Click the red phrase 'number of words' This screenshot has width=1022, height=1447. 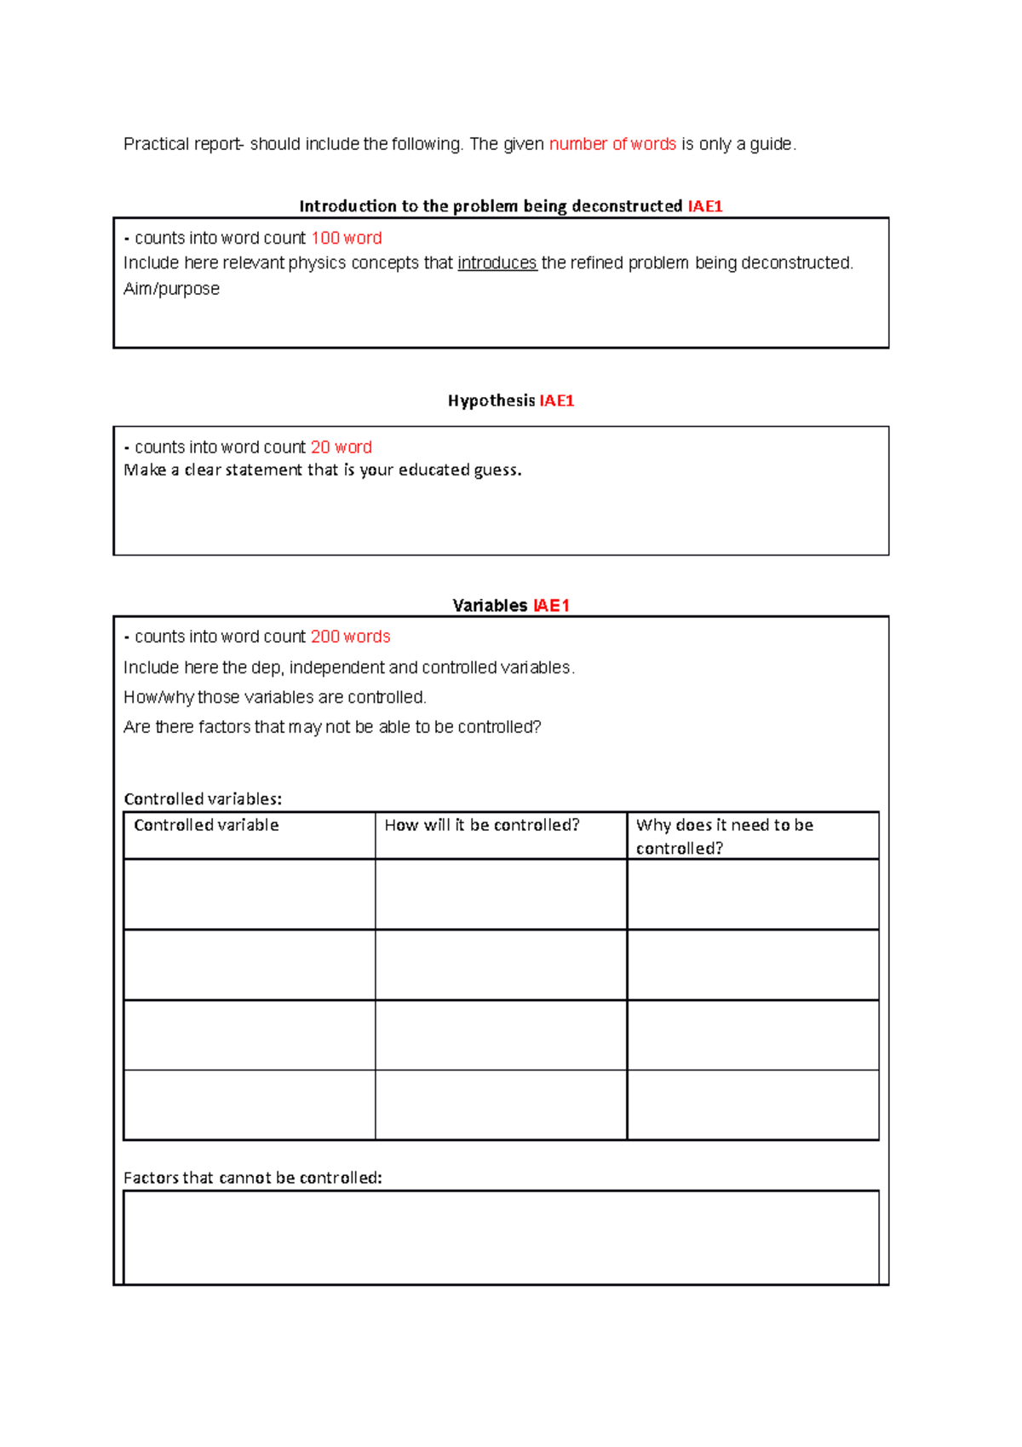[x=612, y=144]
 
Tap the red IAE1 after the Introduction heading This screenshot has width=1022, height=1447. [x=704, y=206]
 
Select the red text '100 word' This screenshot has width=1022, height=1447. [x=346, y=239]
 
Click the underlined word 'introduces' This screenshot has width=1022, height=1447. [x=497, y=263]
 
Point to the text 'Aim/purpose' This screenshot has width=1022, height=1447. [x=171, y=289]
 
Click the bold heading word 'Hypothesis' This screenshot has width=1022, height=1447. [x=491, y=401]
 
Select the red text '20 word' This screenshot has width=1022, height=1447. [x=341, y=447]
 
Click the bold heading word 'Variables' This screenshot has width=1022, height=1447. [x=490, y=606]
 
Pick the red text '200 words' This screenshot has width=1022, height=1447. [x=350, y=637]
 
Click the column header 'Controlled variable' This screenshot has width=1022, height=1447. [x=206, y=825]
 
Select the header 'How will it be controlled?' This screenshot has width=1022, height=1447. [x=481, y=825]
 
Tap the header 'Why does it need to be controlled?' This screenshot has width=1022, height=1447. [x=724, y=836]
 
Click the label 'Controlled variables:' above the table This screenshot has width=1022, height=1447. [x=203, y=799]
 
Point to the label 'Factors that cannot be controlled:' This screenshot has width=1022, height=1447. [x=252, y=1178]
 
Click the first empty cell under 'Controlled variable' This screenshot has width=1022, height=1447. [x=249, y=894]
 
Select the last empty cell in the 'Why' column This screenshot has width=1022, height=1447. [x=753, y=1104]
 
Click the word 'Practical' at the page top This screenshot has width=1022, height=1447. [x=156, y=144]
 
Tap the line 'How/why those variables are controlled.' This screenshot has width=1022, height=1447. [x=274, y=697]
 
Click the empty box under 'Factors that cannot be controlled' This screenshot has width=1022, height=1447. [x=501, y=1237]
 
